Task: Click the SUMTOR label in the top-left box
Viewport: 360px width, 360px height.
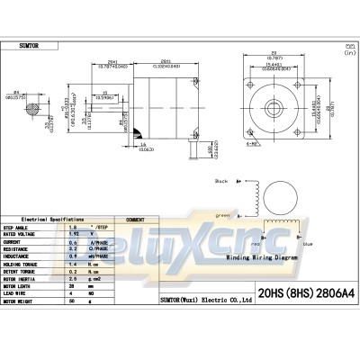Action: [31, 43]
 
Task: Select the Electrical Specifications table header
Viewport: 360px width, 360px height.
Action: [63, 219]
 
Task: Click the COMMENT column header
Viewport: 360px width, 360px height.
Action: [136, 219]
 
